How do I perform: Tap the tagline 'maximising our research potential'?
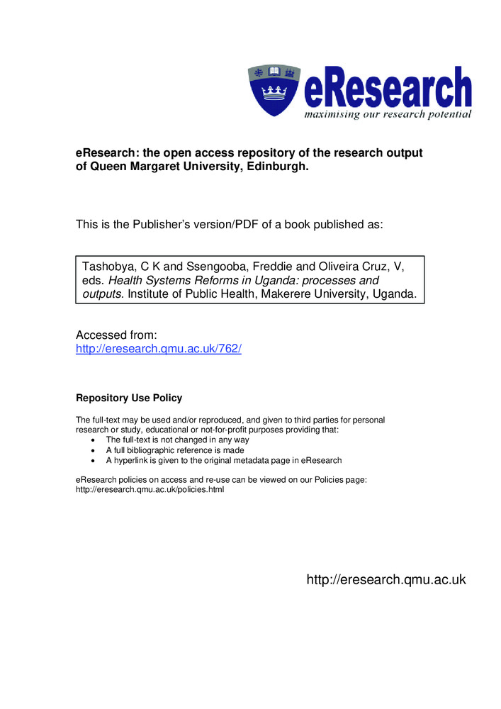click(x=388, y=114)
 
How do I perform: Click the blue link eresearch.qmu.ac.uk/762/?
click(x=159, y=349)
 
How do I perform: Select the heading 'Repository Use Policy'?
click(x=129, y=398)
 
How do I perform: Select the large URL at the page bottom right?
click(x=385, y=579)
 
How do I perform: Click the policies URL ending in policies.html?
click(x=150, y=490)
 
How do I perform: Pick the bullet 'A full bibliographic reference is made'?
click(x=174, y=450)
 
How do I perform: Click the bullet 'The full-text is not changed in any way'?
click(x=177, y=440)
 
